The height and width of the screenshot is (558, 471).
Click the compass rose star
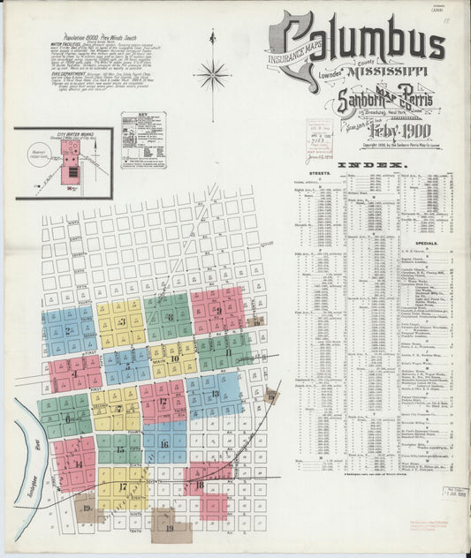212,76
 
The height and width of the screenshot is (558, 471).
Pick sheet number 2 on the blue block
68,331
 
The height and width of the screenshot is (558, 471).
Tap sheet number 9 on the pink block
217,310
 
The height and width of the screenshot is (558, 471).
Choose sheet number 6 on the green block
68,418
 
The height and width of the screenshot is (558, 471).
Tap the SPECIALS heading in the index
426,239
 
